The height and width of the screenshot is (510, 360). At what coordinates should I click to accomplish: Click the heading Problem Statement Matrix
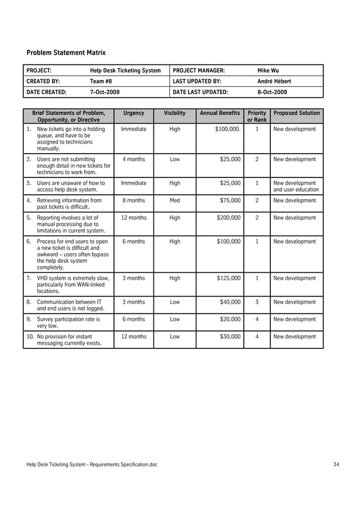click(66, 53)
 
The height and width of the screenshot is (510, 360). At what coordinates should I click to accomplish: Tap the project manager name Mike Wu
click(268, 71)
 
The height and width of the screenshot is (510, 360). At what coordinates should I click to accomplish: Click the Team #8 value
click(101, 81)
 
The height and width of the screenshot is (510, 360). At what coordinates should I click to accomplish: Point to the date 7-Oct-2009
click(105, 92)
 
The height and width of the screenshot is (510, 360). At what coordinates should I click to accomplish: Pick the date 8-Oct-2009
click(272, 92)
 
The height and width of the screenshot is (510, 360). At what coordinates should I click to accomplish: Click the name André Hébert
click(274, 81)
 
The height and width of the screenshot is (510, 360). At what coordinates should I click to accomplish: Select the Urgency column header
click(134, 113)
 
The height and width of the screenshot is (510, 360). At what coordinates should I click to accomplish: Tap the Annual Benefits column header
click(220, 113)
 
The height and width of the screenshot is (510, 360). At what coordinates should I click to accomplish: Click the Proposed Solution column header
click(296, 113)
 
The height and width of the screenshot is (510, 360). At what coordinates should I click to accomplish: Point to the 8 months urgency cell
click(134, 200)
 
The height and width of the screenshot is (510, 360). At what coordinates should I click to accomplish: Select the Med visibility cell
click(175, 200)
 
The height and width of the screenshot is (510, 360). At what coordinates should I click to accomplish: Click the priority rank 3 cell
click(257, 302)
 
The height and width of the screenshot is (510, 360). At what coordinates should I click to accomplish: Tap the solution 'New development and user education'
click(296, 186)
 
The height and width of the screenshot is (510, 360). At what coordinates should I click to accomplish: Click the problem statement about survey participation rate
click(68, 322)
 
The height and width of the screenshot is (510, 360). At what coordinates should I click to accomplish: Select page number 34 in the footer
click(336, 464)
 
